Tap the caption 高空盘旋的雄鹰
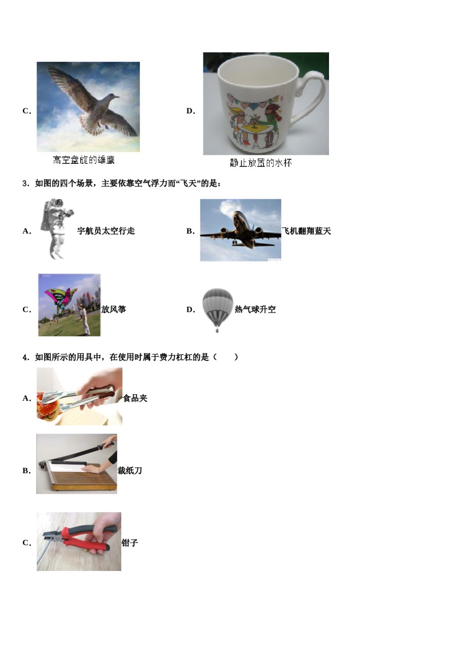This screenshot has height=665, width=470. pyautogui.click(x=84, y=160)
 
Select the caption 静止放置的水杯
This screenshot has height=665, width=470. pyautogui.click(x=261, y=163)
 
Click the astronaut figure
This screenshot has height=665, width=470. pyautogui.click(x=56, y=229)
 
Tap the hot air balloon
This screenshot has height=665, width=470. pyautogui.click(x=217, y=308)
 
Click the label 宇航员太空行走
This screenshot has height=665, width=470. pyautogui.click(x=106, y=231)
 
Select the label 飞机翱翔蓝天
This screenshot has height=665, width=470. pyautogui.click(x=306, y=231)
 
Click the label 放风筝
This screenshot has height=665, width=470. pyautogui.click(x=114, y=310)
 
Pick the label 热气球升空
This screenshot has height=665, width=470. pyautogui.click(x=255, y=310)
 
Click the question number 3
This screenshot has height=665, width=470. pyautogui.click(x=25, y=184)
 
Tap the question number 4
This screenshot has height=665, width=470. pyautogui.click(x=25, y=357)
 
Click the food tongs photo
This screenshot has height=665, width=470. pyautogui.click(x=79, y=396)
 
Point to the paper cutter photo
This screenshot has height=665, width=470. pyautogui.click(x=77, y=464)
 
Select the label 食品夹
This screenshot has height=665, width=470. pyautogui.click(x=135, y=398)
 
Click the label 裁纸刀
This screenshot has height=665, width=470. pyautogui.click(x=130, y=471)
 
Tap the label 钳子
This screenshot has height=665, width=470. pyautogui.click(x=130, y=543)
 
